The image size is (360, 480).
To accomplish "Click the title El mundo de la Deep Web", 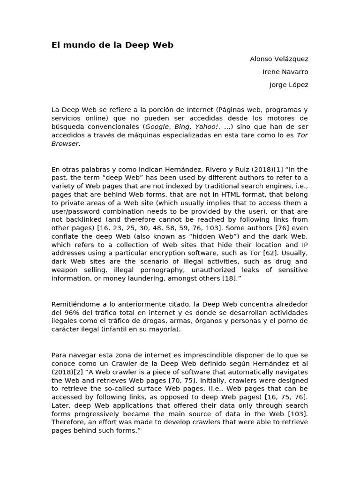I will pyautogui.click(x=112, y=45).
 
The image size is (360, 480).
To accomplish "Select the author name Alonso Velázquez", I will pyautogui.click(x=279, y=59).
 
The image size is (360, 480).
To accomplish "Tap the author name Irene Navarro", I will pyautogui.click(x=285, y=72).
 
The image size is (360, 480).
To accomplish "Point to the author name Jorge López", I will pyautogui.click(x=289, y=85).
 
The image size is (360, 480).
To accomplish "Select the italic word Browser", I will pyautogui.click(x=65, y=143).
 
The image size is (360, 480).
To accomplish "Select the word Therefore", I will pyautogui.click(x=68, y=422).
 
